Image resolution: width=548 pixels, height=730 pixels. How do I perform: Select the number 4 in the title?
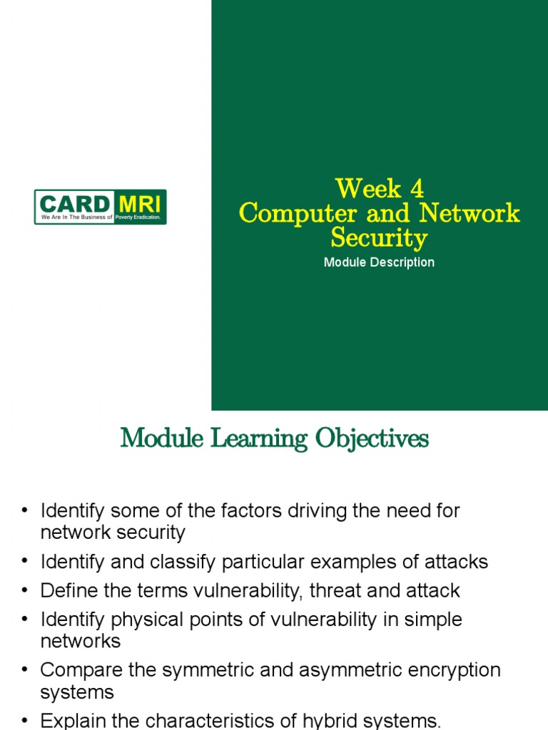coord(416,189)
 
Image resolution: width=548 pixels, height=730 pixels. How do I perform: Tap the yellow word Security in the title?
coord(379,237)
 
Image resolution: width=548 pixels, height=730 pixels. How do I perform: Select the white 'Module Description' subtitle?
coord(379,262)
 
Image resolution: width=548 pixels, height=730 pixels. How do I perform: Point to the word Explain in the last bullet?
coord(69,721)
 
